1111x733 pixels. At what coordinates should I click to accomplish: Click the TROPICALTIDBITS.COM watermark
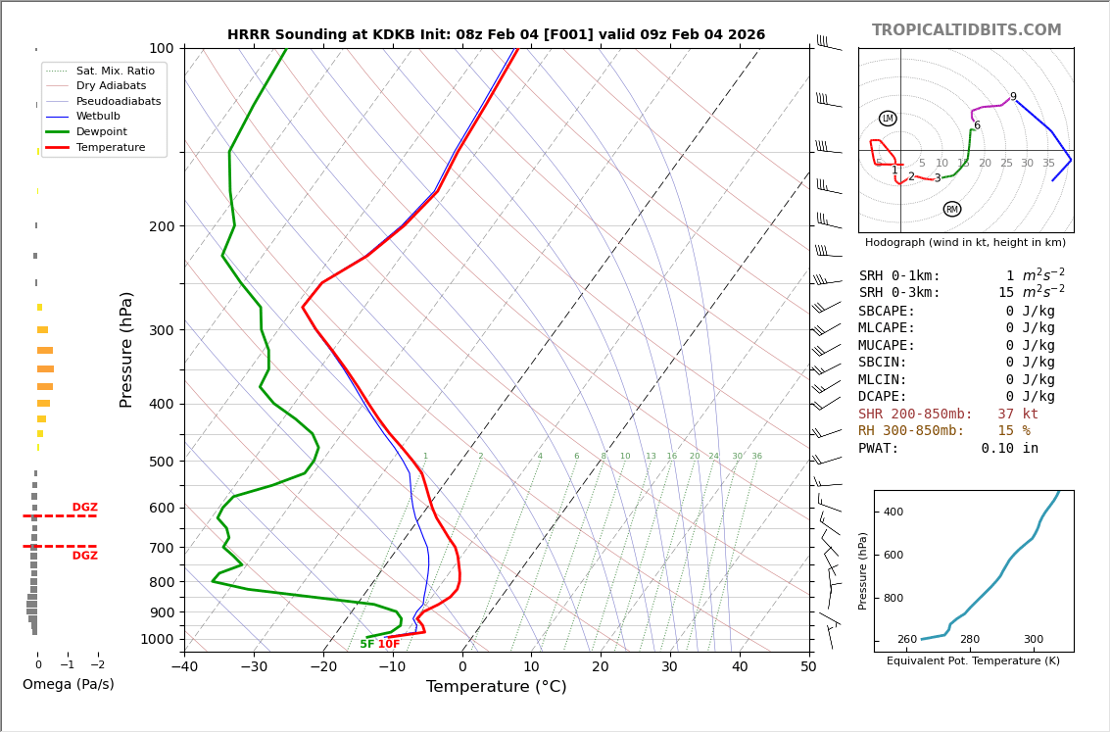click(966, 30)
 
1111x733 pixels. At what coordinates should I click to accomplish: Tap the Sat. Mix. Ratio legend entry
click(115, 71)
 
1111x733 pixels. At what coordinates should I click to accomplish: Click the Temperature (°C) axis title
click(496, 687)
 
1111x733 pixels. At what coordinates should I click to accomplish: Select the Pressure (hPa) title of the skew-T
click(126, 349)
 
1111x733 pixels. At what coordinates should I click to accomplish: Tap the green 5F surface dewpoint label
click(366, 645)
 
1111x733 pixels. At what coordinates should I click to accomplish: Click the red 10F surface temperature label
click(389, 645)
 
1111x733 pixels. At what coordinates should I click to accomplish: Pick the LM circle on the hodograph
click(888, 119)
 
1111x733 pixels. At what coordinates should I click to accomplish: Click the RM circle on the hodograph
click(951, 209)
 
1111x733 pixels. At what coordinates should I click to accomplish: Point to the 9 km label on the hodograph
click(1013, 97)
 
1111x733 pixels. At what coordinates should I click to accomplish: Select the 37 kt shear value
click(1018, 415)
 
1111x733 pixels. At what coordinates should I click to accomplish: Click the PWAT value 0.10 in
click(1009, 449)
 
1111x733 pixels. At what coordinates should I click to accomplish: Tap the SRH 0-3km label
click(899, 293)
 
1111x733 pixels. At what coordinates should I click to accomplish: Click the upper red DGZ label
click(84, 508)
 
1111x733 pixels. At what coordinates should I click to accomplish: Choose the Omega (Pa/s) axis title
click(68, 685)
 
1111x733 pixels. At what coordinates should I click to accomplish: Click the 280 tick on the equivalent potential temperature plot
click(970, 640)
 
